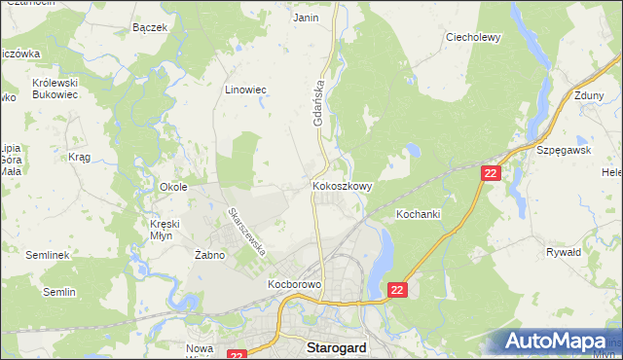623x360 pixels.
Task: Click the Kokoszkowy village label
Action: point(342,185)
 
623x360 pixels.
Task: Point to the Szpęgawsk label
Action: point(564,151)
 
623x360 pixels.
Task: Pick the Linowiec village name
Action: point(246,90)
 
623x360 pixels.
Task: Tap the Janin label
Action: point(306,18)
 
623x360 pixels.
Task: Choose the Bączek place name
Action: point(151,27)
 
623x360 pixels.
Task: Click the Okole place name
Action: point(173,186)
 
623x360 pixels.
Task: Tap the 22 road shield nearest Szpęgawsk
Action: point(491,172)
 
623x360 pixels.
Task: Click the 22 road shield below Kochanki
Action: point(397,290)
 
